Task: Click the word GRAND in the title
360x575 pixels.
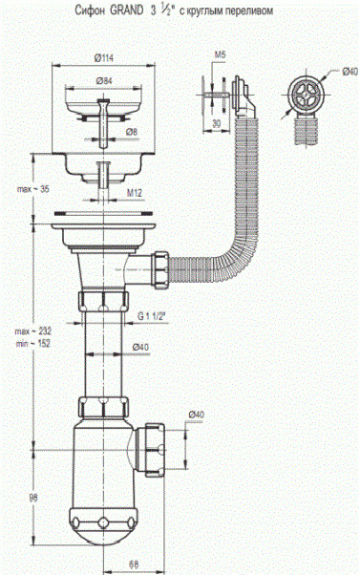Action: tap(127, 11)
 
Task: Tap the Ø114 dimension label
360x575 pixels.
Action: tap(104, 57)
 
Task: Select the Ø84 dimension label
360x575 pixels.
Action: tap(104, 81)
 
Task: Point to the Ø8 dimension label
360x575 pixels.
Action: tap(132, 132)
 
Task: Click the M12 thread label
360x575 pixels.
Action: tap(135, 193)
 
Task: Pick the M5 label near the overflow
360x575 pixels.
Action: tap(220, 55)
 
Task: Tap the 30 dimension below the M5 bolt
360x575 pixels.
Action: tap(217, 123)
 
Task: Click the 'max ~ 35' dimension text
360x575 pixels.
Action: tap(33, 189)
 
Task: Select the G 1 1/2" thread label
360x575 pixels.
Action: tap(151, 316)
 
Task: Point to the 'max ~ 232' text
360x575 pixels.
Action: tap(33, 331)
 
